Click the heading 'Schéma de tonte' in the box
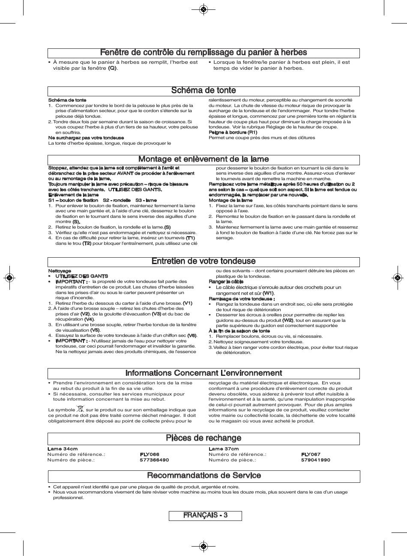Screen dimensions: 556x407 pos(203,90)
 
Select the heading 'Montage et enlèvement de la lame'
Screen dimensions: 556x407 pos(203,159)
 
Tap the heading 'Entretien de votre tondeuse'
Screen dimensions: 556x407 pos(203,261)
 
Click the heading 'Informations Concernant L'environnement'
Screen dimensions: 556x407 pos(203,373)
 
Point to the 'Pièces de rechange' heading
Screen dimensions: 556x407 pos(203,438)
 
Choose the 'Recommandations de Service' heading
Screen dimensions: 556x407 pos(203,476)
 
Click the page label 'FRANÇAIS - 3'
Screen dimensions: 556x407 pos(205,515)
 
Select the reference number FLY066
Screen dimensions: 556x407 pos(150,455)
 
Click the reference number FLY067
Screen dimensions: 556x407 pos(311,455)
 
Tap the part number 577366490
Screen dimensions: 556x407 pos(154,460)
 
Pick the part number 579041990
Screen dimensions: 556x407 pos(316,460)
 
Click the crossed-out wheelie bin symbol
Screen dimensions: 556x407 pos(81,409)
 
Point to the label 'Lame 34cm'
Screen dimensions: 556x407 pos(63,449)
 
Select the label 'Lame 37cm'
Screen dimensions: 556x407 pos(224,449)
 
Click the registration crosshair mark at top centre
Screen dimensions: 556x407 pos(203,9)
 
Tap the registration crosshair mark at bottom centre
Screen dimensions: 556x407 pos(203,546)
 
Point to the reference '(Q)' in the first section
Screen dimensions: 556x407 pos(112,68)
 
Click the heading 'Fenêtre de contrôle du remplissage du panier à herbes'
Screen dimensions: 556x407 pos(203,53)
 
